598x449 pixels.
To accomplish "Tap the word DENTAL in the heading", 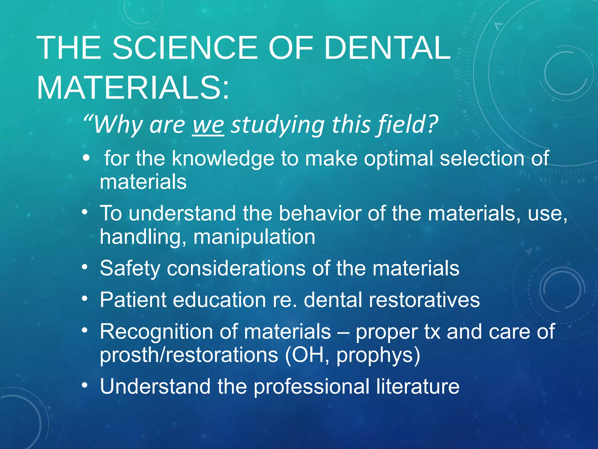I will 387,48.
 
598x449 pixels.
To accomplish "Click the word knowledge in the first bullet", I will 223,158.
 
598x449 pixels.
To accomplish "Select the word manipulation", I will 254,236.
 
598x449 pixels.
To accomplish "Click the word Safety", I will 130,268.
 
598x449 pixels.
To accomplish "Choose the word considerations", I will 236,268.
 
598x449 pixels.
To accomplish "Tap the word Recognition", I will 156,331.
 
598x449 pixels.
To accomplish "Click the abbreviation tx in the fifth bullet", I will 432,331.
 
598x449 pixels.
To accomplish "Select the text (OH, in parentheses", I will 307,355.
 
